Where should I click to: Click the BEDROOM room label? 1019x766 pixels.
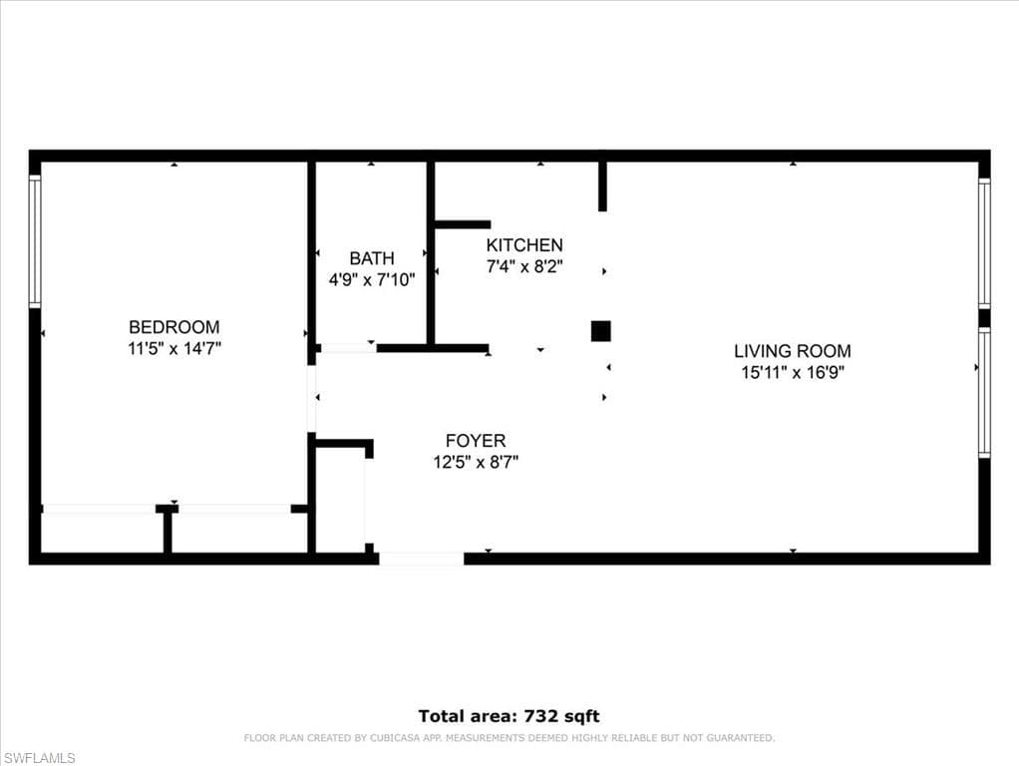tap(173, 327)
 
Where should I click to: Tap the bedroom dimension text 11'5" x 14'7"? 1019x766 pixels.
tap(173, 349)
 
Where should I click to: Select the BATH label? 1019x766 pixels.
tap(371, 258)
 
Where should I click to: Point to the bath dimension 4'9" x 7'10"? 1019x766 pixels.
tap(371, 280)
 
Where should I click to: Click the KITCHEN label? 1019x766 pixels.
tap(524, 245)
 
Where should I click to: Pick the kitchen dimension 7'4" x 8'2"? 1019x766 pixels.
tap(524, 266)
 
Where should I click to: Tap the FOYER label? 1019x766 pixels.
tap(475, 441)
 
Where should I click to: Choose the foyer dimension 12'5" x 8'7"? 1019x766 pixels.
tap(475, 462)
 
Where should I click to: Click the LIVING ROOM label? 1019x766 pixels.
tap(793, 351)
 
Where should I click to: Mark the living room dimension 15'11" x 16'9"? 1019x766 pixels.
tap(793, 373)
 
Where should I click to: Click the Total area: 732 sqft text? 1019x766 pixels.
tap(509, 716)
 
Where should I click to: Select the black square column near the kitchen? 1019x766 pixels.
tap(600, 331)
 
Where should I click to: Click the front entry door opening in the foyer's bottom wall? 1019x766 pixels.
tap(421, 559)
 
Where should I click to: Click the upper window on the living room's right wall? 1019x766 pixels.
tap(984, 244)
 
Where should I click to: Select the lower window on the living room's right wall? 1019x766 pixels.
tap(984, 393)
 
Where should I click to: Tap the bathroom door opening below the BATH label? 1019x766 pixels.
tap(347, 348)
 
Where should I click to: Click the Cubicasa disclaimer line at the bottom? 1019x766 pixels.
tap(509, 738)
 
